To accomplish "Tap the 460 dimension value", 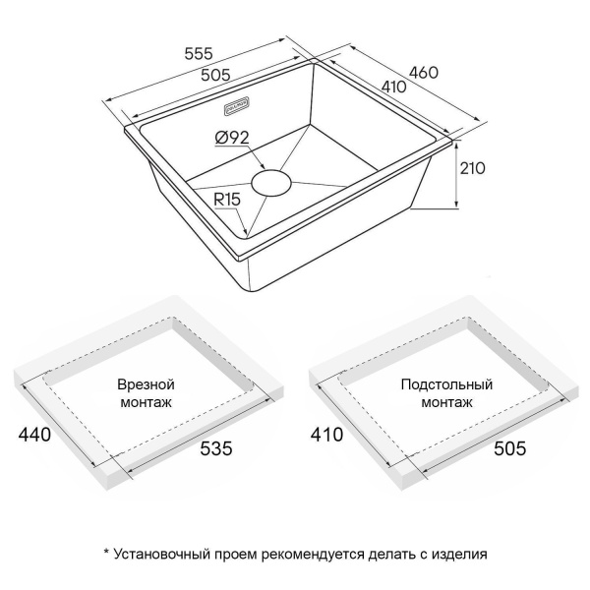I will tap(423, 71).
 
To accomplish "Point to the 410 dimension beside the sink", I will tap(396, 87).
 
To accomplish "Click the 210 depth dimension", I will tap(473, 168).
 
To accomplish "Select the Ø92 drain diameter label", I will tap(229, 139).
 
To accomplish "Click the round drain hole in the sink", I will tap(272, 182).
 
